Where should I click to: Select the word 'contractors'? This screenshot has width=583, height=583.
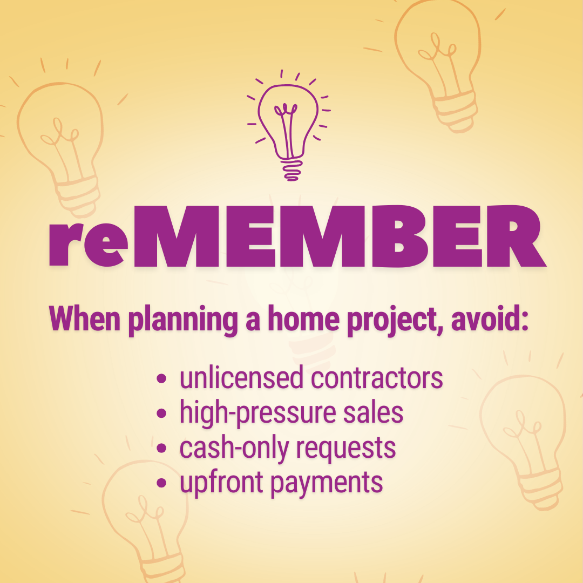point(377,379)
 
